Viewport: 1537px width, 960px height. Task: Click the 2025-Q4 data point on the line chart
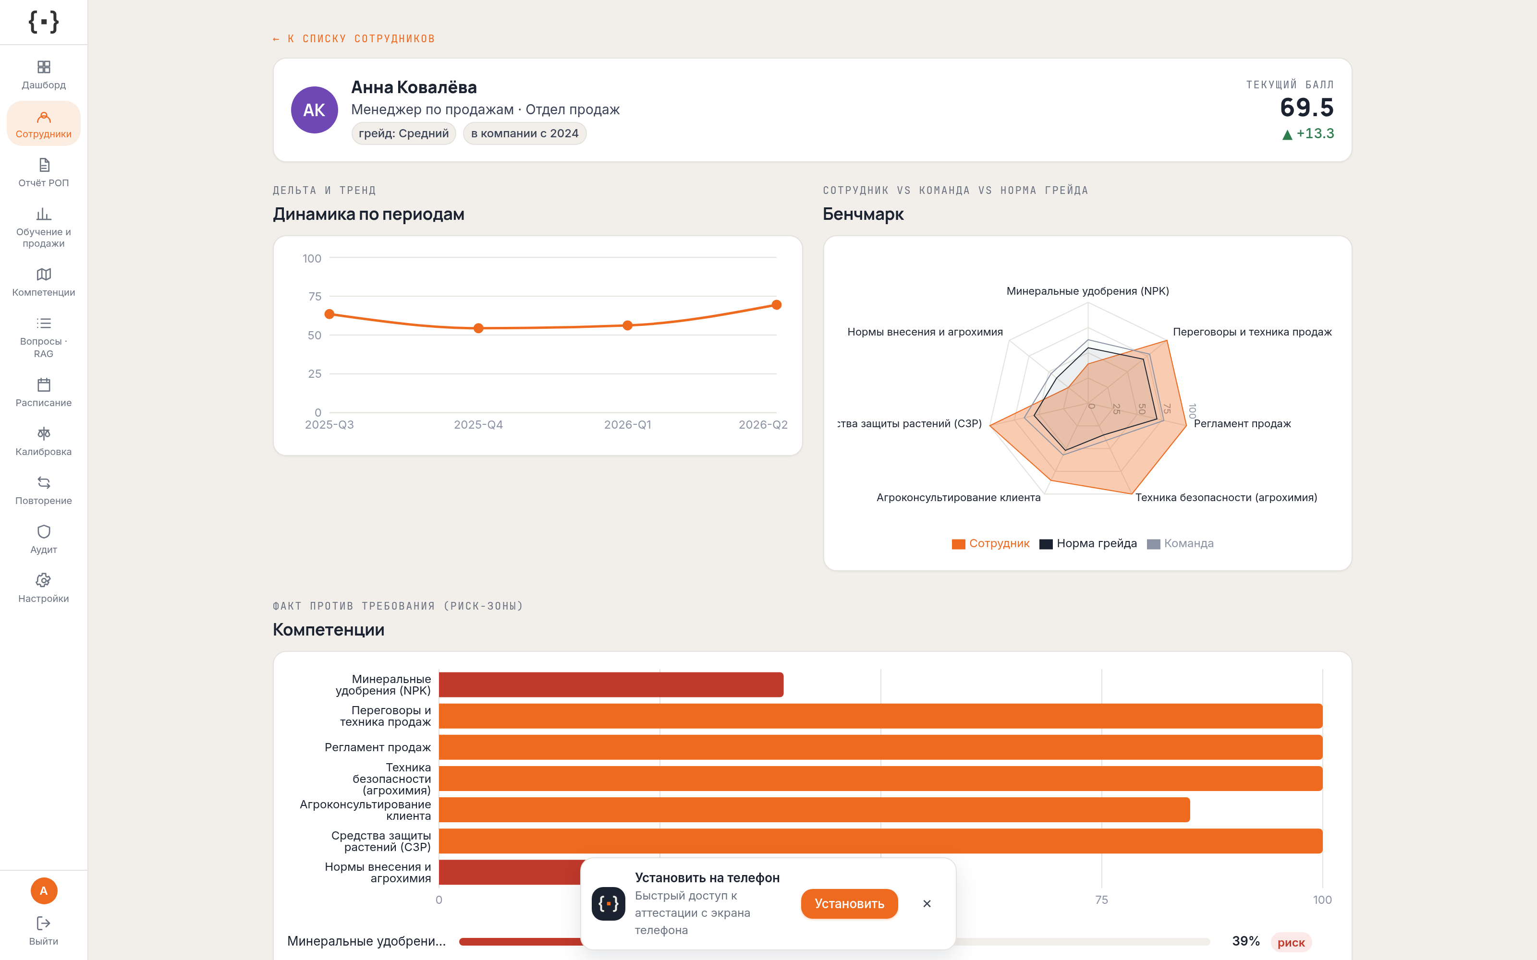[478, 328]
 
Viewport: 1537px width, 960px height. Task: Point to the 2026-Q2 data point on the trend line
[776, 305]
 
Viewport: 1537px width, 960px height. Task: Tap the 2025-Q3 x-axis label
[329, 425]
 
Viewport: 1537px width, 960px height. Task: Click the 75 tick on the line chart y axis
[315, 297]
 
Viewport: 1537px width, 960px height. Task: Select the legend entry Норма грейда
[1088, 543]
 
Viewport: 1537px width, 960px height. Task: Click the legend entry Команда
[1180, 543]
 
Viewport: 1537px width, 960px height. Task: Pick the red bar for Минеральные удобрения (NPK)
[611, 684]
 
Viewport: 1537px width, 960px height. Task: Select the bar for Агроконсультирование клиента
[814, 810]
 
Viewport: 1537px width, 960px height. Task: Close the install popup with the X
[927, 903]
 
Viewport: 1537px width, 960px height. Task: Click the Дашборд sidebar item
[44, 75]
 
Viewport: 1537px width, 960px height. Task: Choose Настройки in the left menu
[44, 588]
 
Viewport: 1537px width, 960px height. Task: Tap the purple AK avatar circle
[315, 110]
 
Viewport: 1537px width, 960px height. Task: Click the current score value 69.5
[1306, 108]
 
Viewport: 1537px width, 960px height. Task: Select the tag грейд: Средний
[404, 133]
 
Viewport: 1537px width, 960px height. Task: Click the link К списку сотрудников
[354, 39]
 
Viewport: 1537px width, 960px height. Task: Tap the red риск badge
[1291, 942]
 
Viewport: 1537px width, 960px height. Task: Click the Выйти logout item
[44, 931]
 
